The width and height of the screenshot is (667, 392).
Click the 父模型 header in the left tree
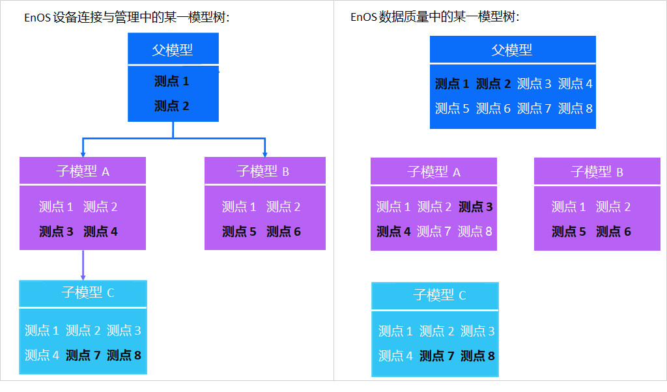[x=173, y=49]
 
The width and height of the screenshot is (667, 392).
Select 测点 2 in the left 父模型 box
[x=172, y=106]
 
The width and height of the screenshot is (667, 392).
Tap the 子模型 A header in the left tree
[x=82, y=171]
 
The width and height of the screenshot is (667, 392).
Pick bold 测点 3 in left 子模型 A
[x=56, y=231]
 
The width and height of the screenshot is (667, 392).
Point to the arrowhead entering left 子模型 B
[x=265, y=154]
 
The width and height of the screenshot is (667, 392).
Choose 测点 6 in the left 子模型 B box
[x=283, y=231]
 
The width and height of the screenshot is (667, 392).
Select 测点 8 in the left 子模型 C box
[x=124, y=355]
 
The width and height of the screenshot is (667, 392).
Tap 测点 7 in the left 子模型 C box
[x=83, y=355]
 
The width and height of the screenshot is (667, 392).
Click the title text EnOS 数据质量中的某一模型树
[x=434, y=18]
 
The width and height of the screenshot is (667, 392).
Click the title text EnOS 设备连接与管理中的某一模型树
[x=127, y=18]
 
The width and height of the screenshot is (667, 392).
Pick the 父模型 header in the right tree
[x=512, y=49]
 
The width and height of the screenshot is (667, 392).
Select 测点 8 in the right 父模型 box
[x=575, y=108]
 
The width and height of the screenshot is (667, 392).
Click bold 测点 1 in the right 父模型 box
[x=452, y=83]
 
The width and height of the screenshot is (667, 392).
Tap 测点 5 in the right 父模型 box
[x=452, y=108]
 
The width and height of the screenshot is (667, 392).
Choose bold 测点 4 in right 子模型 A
[x=393, y=231]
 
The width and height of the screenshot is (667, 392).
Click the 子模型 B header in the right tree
[x=597, y=172]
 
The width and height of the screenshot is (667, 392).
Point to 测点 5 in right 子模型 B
[x=569, y=231]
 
